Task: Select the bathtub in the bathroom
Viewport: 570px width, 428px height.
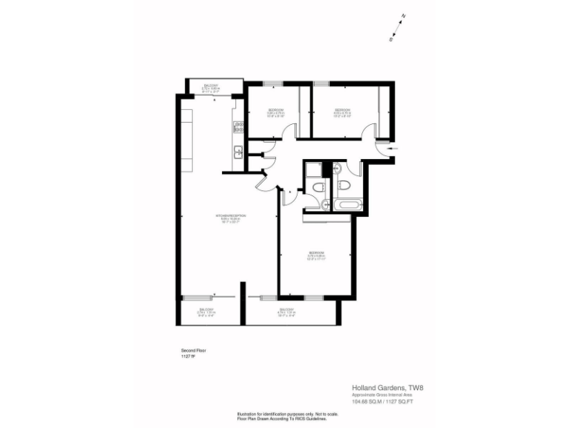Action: [x=346, y=203]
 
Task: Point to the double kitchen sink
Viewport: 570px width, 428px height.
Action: [x=238, y=153]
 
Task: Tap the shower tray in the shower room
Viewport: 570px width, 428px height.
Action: [x=312, y=169]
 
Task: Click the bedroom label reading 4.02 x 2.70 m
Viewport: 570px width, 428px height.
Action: [x=341, y=113]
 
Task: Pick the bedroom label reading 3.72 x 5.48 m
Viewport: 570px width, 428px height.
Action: [x=316, y=256]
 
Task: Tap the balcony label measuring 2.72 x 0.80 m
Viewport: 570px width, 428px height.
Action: [x=211, y=88]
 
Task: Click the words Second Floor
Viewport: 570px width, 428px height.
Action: [x=192, y=350]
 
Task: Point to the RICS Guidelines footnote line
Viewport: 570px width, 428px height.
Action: [x=281, y=418]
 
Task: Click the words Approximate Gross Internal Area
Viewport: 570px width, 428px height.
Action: [x=383, y=395]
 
